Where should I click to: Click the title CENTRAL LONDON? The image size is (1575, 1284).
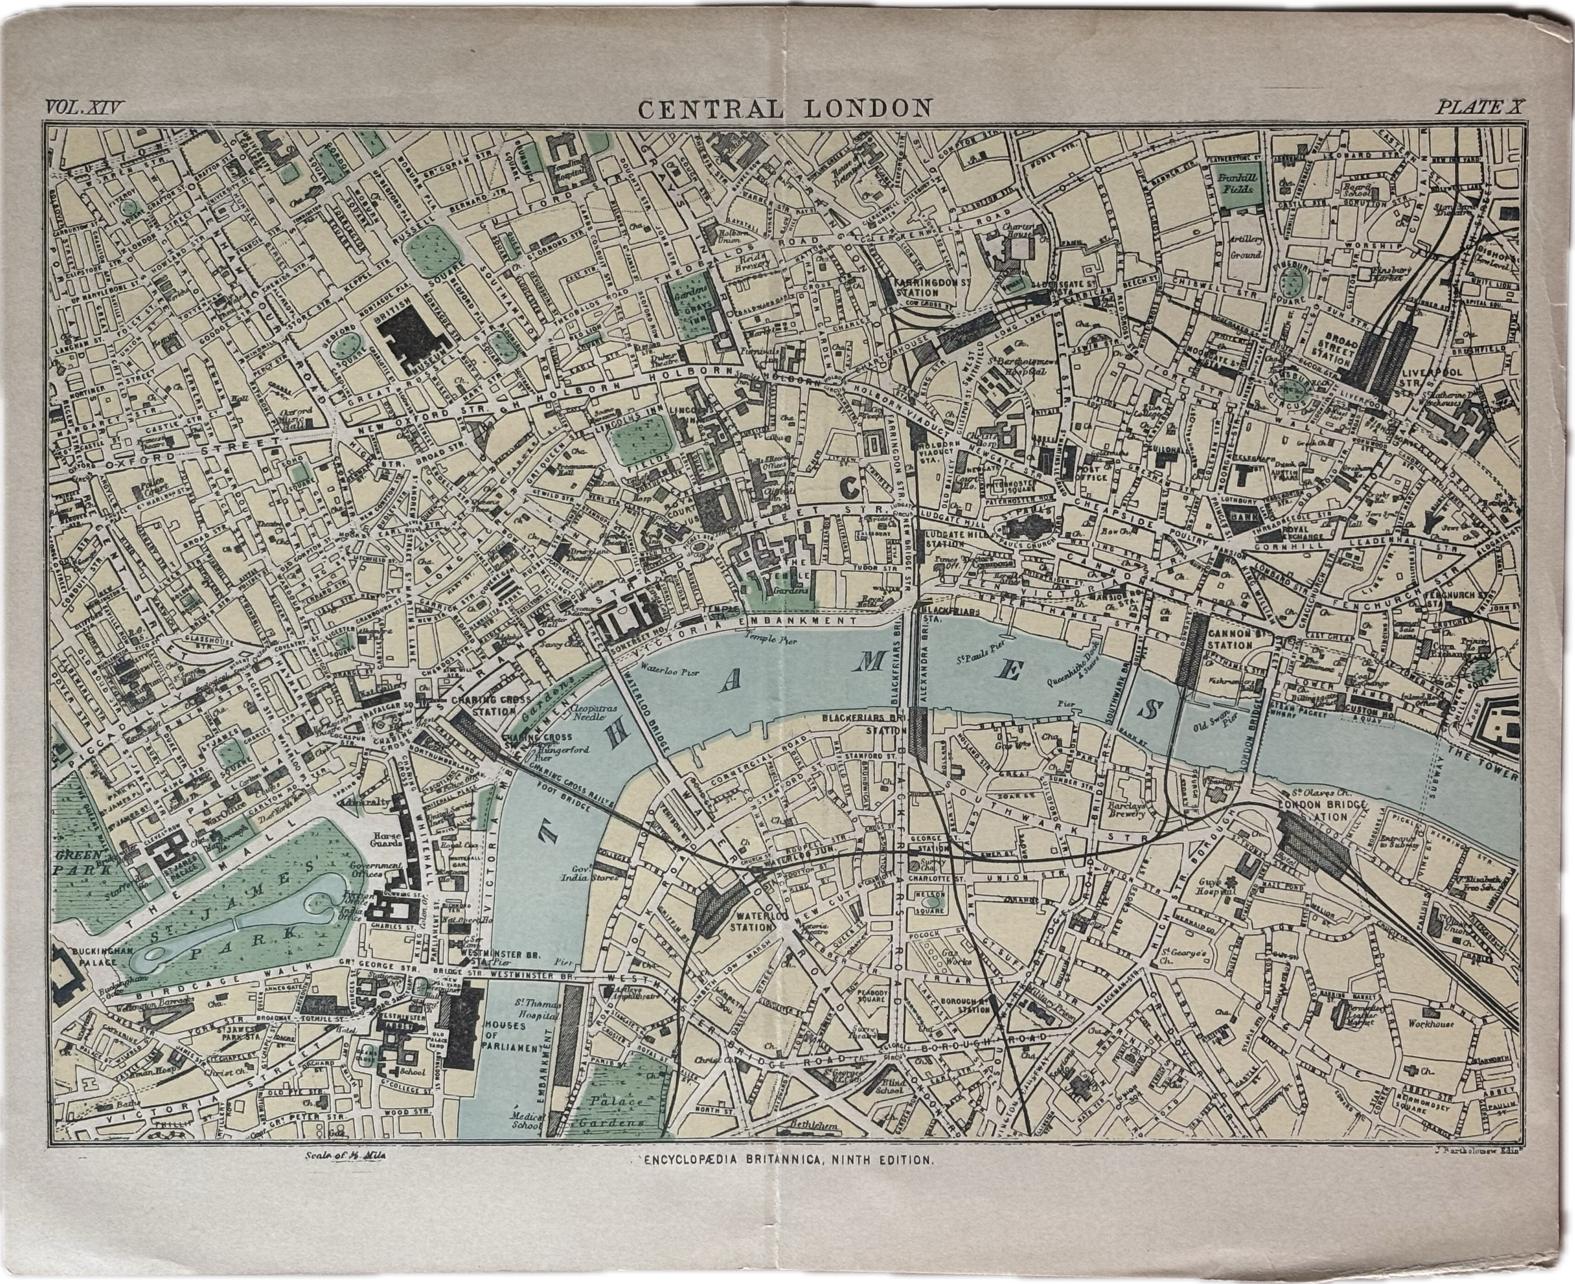click(x=785, y=109)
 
